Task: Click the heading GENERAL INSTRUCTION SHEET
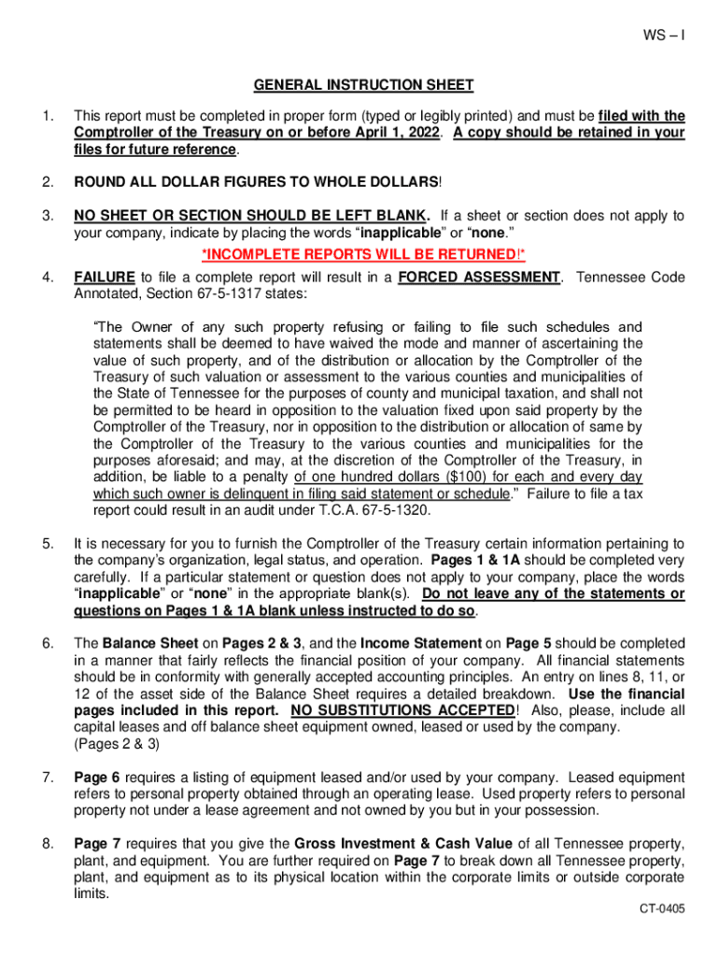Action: tap(363, 85)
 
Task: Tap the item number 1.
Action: tap(47, 116)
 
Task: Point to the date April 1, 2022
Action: tap(391, 133)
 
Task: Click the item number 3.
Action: tap(47, 215)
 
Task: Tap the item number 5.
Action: tap(47, 543)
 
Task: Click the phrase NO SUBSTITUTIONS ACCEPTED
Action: tap(402, 710)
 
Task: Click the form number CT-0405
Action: tap(662, 908)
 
